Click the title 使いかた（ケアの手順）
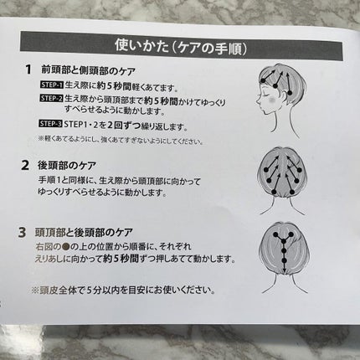click(181, 47)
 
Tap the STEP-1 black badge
click(52, 85)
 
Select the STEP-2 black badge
click(52, 98)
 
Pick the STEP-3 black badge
click(50, 123)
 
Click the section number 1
click(28, 69)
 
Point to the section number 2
click(25, 166)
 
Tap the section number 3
click(22, 233)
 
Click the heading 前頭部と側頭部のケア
click(88, 70)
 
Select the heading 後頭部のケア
click(67, 166)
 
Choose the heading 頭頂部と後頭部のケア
click(84, 232)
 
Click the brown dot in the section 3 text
click(65, 247)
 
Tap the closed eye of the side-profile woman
click(264, 95)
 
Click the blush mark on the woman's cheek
click(272, 99)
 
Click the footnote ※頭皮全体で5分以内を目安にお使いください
click(123, 291)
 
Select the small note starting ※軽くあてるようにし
click(121, 140)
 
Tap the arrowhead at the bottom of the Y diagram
click(284, 270)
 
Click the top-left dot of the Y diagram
click(276, 234)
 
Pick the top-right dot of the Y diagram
click(292, 235)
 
